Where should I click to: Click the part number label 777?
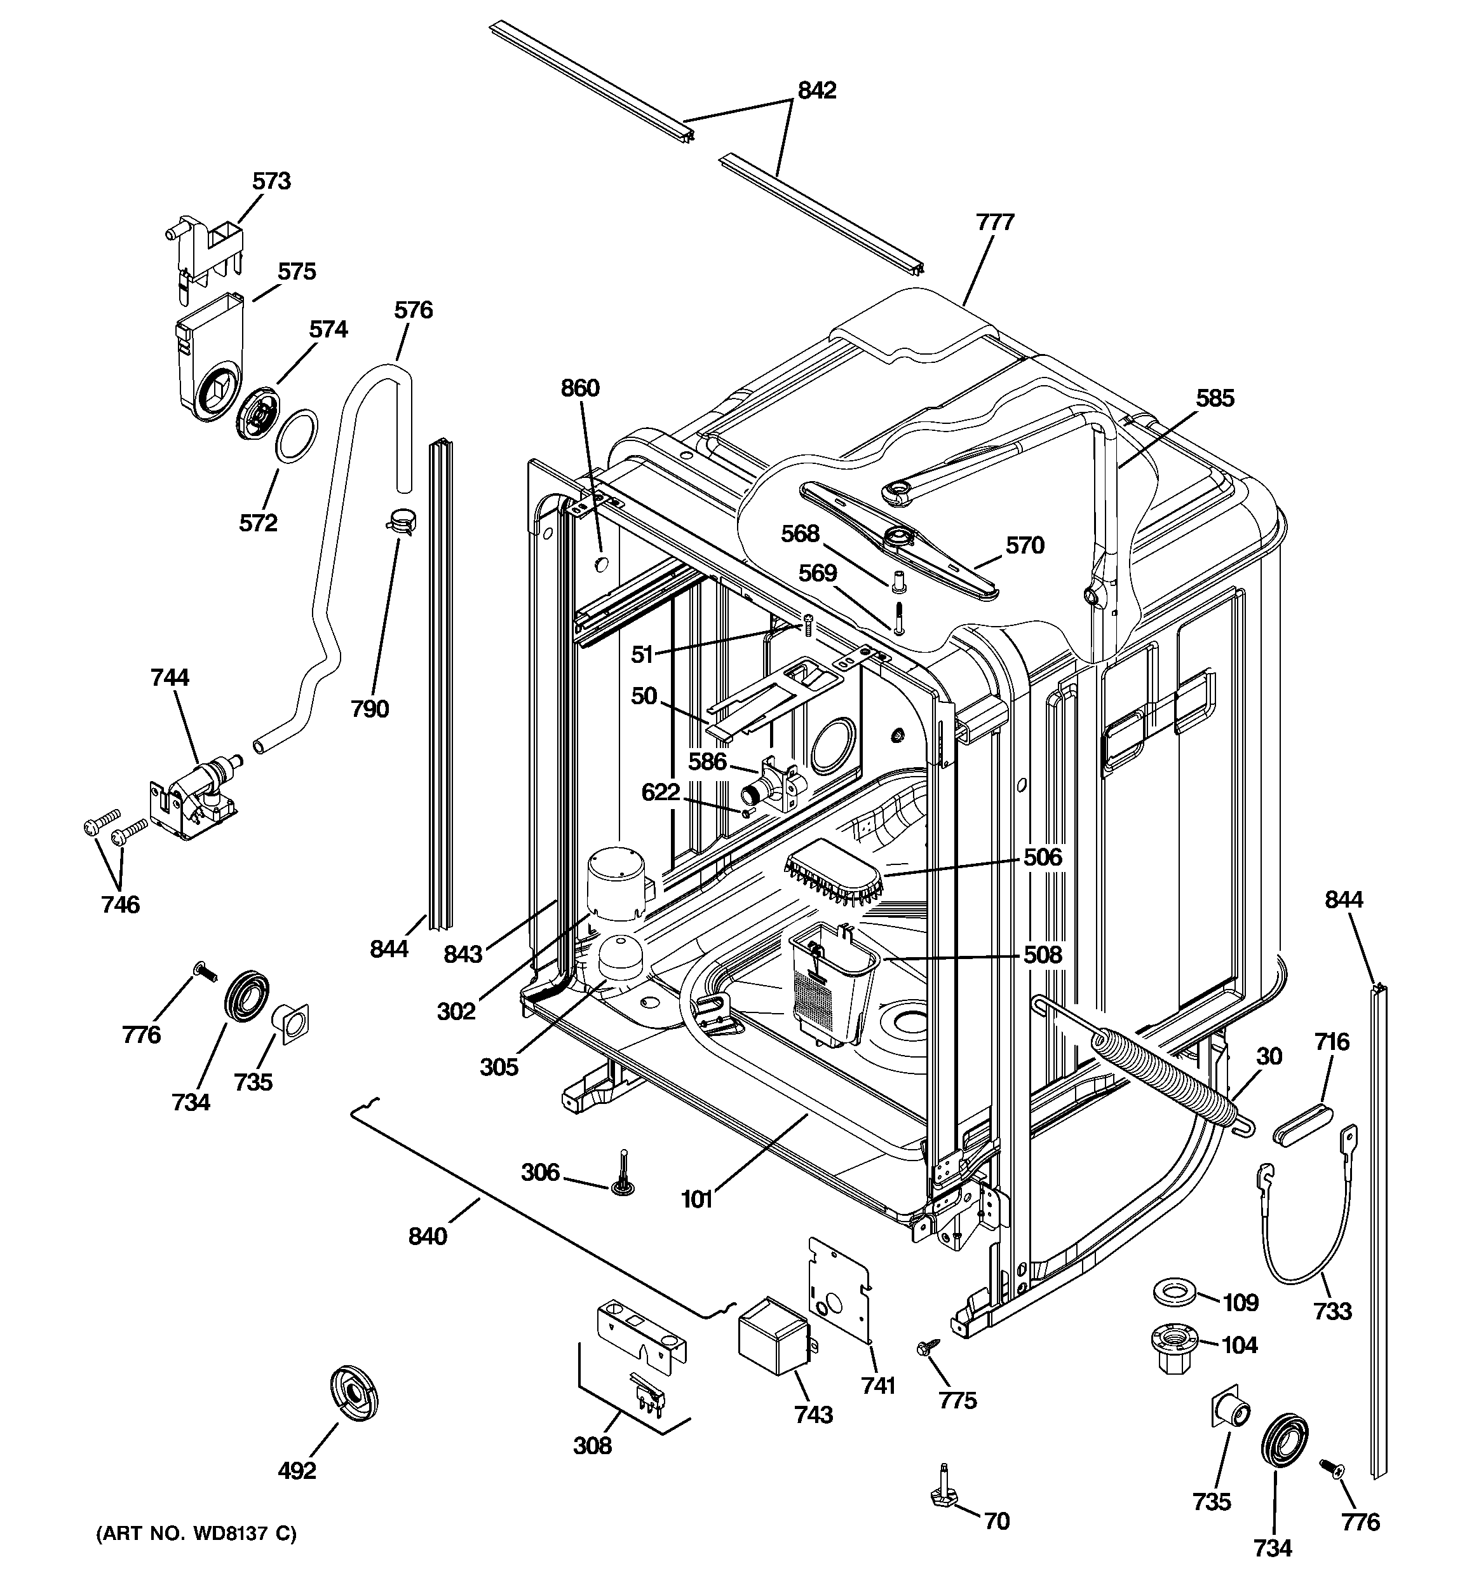coord(994,222)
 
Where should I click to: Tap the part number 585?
coord(1215,398)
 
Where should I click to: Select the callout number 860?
coord(580,388)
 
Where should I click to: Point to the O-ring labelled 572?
coord(297,436)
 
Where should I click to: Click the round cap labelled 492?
coord(353,1393)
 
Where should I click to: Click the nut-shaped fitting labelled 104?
coord(1170,1348)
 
